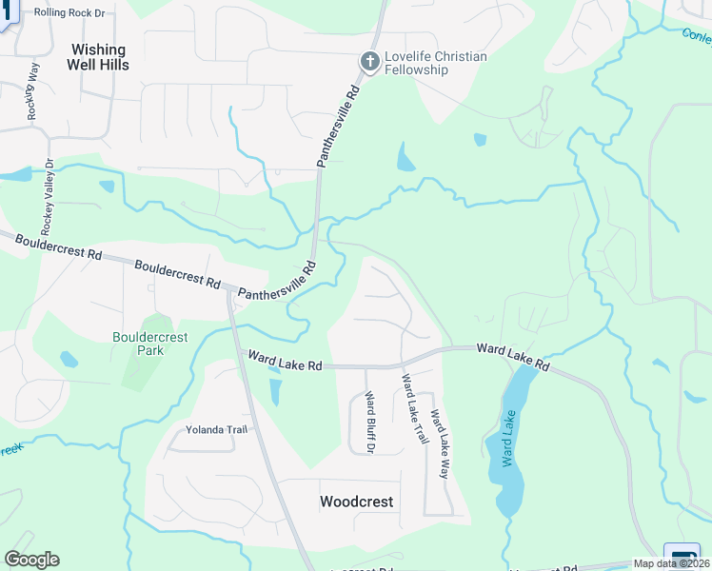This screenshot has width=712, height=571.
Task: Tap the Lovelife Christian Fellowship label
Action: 435,63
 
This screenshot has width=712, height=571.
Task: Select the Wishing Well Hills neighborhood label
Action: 97,57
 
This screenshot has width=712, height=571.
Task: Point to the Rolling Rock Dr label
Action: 69,13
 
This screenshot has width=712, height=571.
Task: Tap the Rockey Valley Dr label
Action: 46,196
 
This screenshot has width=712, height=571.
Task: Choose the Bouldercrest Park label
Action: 150,344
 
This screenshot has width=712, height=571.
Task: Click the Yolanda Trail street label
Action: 216,429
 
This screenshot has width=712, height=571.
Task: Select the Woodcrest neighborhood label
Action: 357,502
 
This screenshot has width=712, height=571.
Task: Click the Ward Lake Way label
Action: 439,443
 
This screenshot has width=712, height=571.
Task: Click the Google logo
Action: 31,560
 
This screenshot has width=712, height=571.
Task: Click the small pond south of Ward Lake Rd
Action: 275,391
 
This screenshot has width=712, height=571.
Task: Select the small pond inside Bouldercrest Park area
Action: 69,360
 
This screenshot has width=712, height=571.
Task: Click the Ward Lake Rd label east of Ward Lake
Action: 513,357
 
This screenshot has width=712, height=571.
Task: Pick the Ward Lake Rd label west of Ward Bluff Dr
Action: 285,363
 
